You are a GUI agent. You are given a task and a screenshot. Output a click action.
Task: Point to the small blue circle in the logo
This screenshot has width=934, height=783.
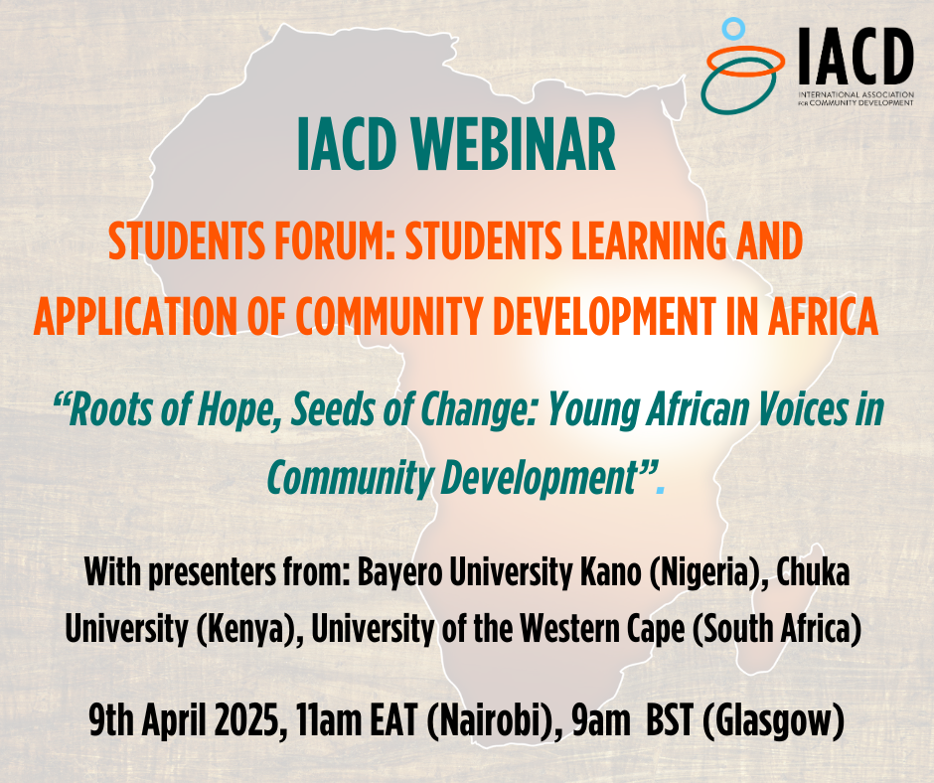[733, 28]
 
